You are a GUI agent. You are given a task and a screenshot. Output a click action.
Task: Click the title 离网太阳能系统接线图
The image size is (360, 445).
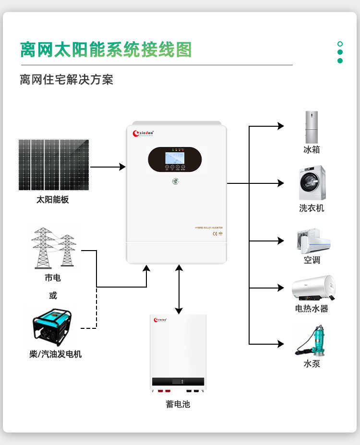[106, 50]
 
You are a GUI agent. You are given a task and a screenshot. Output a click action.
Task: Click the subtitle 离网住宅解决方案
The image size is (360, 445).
[66, 79]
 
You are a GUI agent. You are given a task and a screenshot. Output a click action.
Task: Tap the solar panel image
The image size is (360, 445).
[54, 165]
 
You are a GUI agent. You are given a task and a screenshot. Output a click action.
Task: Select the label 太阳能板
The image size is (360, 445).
[53, 200]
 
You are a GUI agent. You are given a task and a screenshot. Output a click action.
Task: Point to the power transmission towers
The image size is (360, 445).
[53, 248]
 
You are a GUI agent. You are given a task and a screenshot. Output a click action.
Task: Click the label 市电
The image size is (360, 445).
[53, 278]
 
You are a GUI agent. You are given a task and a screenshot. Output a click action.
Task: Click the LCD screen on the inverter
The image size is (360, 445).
[173, 157]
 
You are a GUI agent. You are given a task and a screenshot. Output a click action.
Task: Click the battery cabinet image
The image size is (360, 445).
[178, 353]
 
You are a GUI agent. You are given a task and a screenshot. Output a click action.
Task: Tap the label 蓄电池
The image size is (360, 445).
[178, 404]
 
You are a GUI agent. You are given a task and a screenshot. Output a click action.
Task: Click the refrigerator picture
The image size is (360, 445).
[312, 127]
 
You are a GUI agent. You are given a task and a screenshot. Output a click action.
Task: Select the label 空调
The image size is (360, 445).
[312, 260]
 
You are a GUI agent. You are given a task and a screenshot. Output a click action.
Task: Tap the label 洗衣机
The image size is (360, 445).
[312, 208]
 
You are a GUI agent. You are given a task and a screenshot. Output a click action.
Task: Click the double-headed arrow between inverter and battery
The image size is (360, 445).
[179, 289]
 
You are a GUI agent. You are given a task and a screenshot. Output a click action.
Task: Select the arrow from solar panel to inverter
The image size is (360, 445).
[108, 167]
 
